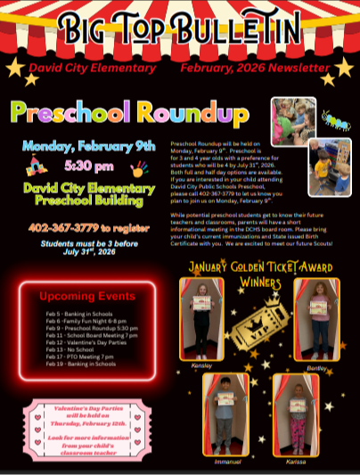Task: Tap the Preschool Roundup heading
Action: pyautogui.click(x=129, y=114)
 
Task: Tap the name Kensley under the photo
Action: pyautogui.click(x=201, y=365)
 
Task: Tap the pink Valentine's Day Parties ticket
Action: pyautogui.click(x=82, y=428)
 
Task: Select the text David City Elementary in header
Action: pyautogui.click(x=92, y=68)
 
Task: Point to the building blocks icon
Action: pyautogui.click(x=36, y=164)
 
